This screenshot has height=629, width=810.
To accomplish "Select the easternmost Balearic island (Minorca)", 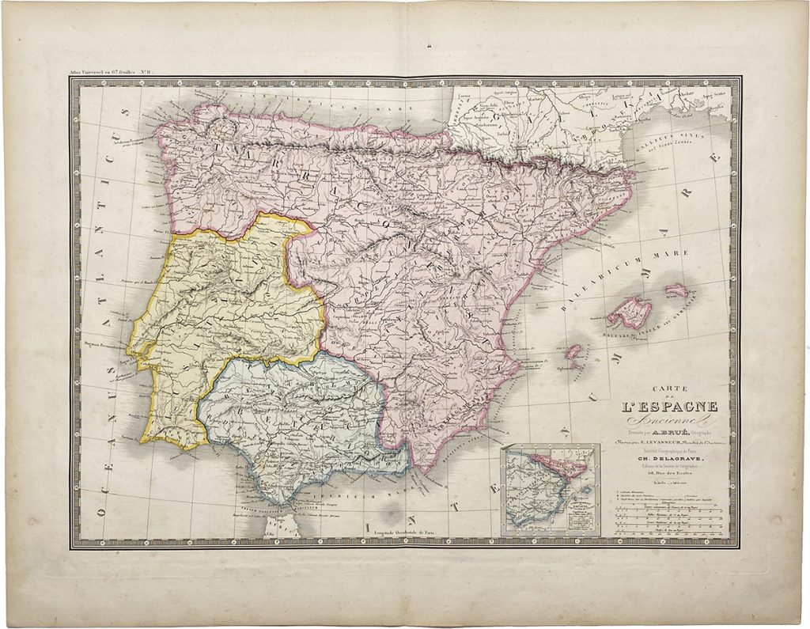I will point(676,290).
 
